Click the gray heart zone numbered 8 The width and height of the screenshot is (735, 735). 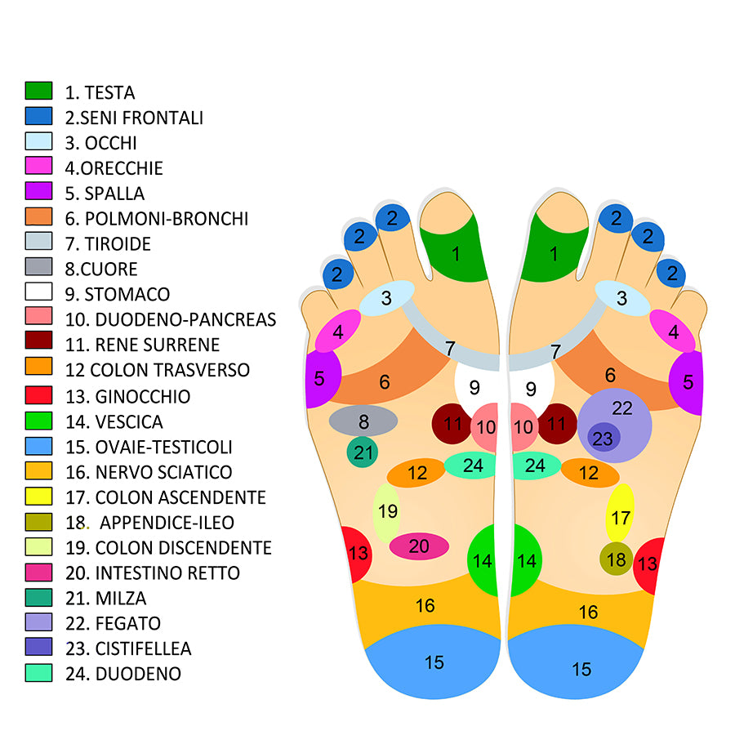click(x=363, y=421)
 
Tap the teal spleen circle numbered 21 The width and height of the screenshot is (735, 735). click(x=362, y=452)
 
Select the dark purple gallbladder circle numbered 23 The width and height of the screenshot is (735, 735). click(x=603, y=439)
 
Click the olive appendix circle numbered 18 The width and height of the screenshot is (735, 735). click(x=616, y=559)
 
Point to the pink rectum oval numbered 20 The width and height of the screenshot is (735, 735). click(x=419, y=546)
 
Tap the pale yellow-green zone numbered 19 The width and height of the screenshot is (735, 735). click(x=387, y=512)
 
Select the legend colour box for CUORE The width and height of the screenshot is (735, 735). click(x=38, y=268)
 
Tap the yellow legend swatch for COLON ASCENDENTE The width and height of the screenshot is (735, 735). click(x=38, y=496)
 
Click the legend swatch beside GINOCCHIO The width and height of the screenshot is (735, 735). click(x=38, y=395)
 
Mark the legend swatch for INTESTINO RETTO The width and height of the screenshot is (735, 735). click(x=38, y=572)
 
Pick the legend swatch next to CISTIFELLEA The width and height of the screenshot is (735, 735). click(x=38, y=647)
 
